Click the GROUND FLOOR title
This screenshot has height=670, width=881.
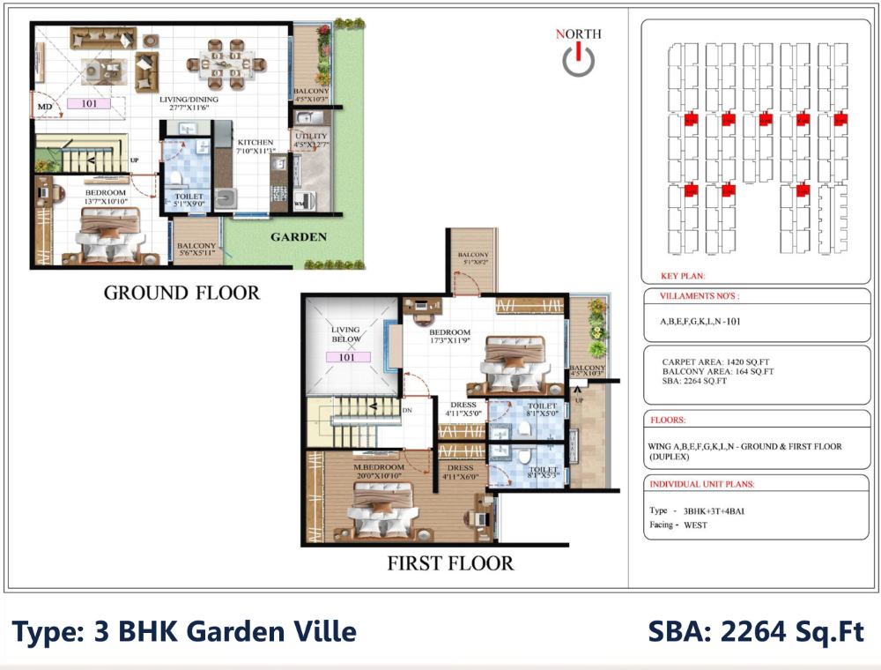181,293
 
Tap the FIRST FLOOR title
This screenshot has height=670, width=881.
450,562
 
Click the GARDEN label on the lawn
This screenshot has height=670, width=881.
299,236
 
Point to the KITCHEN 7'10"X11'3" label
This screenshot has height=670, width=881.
255,146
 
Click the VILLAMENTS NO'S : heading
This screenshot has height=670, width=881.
700,297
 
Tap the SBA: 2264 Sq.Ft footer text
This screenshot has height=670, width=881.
756,631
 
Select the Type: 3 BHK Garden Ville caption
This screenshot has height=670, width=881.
184,631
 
